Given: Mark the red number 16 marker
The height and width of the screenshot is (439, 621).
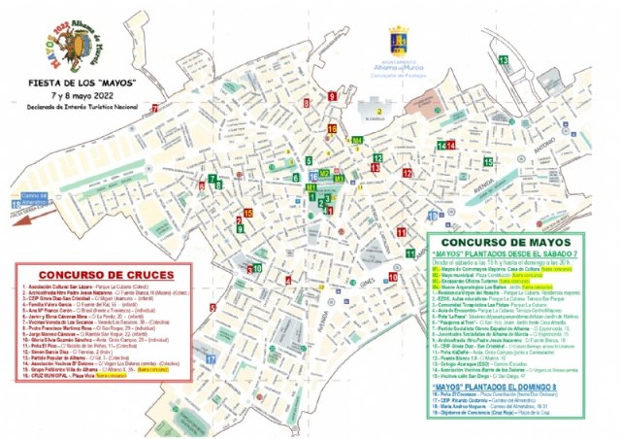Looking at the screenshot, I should pyautogui.click(x=331, y=129).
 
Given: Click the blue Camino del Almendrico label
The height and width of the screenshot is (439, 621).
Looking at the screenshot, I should pyautogui.click(x=26, y=200).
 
